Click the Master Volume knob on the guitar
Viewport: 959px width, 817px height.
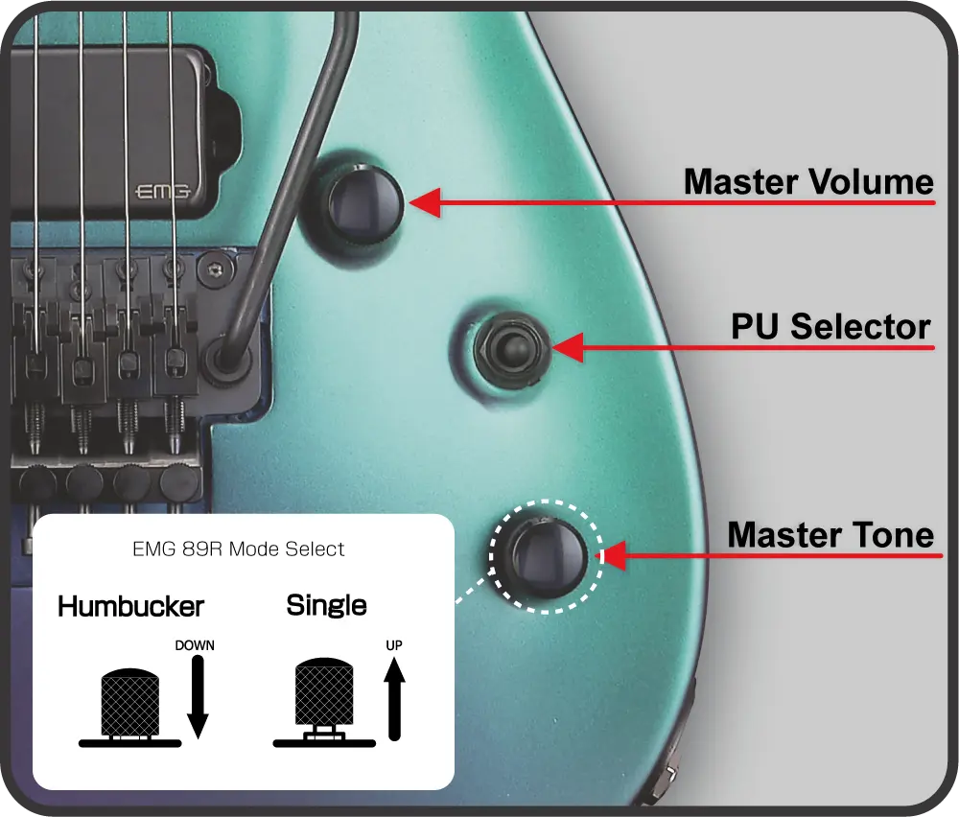click(x=365, y=203)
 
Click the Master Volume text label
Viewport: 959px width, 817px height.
click(x=808, y=181)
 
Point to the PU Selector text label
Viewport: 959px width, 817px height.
click(x=830, y=326)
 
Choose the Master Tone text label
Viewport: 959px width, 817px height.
click(x=830, y=534)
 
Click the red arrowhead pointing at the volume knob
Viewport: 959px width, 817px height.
click(x=425, y=202)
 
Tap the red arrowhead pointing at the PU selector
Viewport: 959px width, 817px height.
click(x=568, y=348)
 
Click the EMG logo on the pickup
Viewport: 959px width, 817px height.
click(x=162, y=192)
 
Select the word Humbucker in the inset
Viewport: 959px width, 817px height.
click(x=130, y=607)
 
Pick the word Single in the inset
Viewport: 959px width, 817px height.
click(x=327, y=606)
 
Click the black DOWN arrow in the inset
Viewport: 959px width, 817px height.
click(x=198, y=697)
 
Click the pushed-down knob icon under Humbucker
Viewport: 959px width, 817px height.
click(x=130, y=708)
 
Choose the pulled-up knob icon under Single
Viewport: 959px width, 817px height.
click(x=324, y=702)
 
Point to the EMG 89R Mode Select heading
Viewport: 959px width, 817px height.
click(x=239, y=549)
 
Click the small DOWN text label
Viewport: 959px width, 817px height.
click(x=195, y=645)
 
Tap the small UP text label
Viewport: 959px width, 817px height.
click(x=394, y=645)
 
